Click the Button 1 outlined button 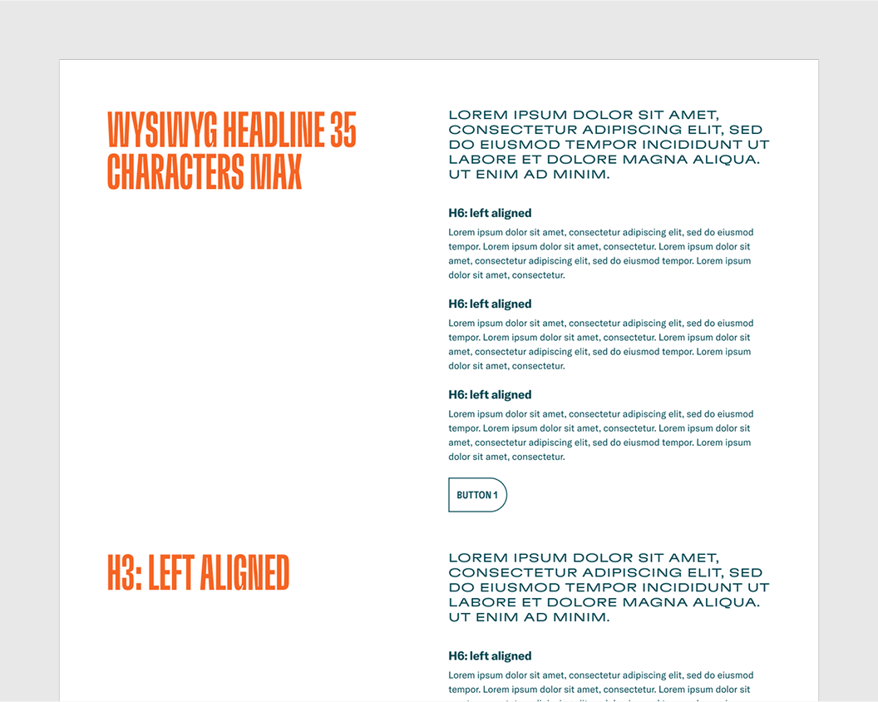[477, 495]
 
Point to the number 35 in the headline [343, 131]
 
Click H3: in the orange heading [125, 573]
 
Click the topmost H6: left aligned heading [490, 213]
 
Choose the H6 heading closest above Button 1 [490, 394]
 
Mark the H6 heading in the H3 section [490, 655]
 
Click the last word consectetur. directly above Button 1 [538, 457]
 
